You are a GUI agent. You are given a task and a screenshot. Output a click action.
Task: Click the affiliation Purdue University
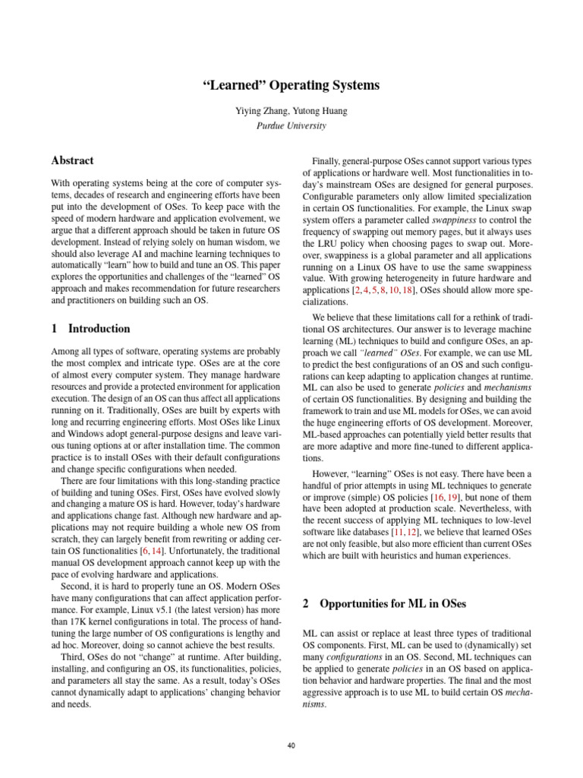coord(291,125)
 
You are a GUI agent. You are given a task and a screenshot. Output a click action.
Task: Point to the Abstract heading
coord(72,160)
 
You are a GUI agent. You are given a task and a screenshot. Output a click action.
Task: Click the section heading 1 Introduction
coord(90,329)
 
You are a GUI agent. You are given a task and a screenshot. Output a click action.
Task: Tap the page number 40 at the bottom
coord(291,745)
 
